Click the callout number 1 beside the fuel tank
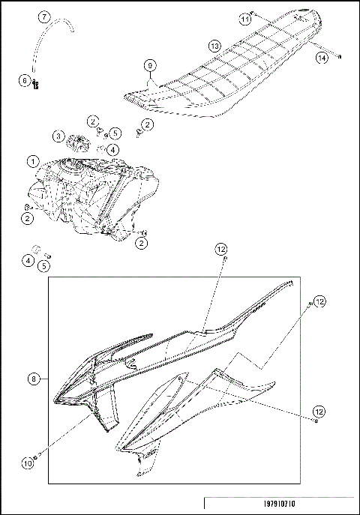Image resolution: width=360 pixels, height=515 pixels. (x=32, y=161)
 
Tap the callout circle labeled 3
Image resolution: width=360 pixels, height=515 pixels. (x=58, y=136)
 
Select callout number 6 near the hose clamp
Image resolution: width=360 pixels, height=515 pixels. (x=25, y=80)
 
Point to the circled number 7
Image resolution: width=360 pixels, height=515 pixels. (x=44, y=16)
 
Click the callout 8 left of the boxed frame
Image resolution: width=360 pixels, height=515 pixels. (x=33, y=379)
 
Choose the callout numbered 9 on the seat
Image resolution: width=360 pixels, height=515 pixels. (x=150, y=66)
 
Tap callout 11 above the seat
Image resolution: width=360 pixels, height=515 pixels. (x=244, y=17)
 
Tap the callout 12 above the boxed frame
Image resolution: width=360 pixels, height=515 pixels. (x=220, y=248)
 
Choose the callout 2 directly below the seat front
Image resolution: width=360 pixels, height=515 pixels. (x=147, y=124)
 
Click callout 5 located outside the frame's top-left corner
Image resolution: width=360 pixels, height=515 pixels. (x=44, y=265)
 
